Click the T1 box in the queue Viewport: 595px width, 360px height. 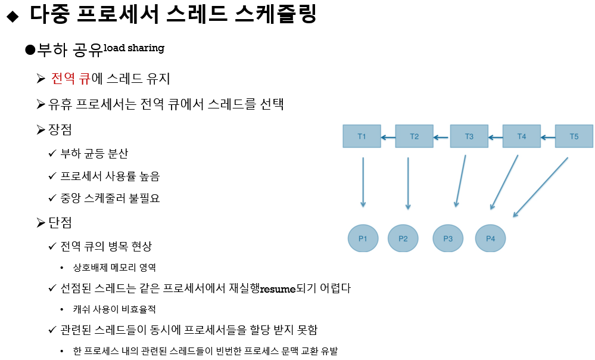click(362, 136)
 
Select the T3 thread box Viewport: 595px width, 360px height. click(469, 136)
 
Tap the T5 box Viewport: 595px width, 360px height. click(574, 136)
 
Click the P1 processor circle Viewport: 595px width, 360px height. click(363, 238)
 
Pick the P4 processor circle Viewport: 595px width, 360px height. click(490, 238)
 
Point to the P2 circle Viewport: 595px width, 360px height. click(403, 238)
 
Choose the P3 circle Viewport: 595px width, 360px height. click(448, 238)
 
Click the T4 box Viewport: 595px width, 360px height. click(521, 136)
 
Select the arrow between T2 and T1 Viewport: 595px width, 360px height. click(388, 137)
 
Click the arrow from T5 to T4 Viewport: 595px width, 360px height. click(547, 137)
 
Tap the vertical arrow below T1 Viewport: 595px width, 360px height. click(363, 182)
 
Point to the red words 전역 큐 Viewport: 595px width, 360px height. click(70, 79)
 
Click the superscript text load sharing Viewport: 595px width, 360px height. click(134, 48)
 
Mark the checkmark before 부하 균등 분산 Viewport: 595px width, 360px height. click(52, 154)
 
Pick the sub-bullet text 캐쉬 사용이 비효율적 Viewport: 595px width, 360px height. click(114, 309)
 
